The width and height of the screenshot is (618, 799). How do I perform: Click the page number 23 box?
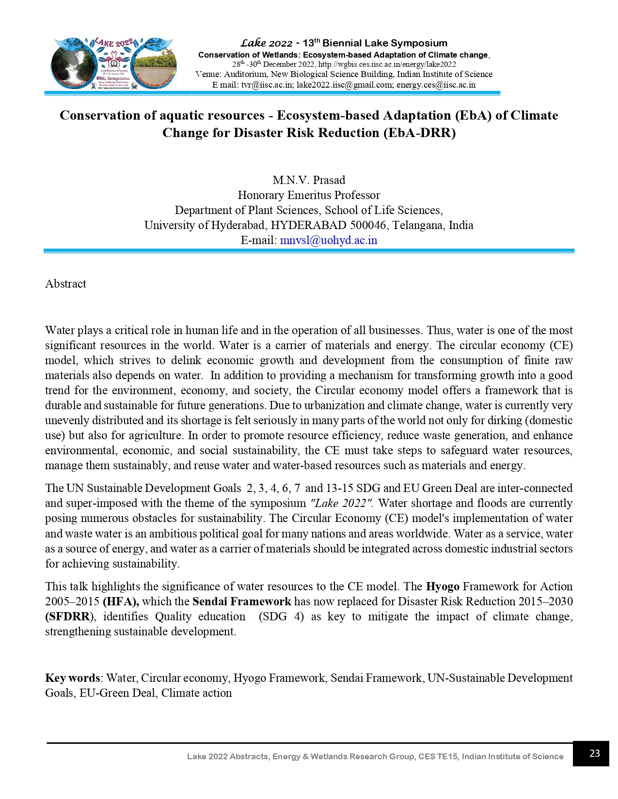pos(590,753)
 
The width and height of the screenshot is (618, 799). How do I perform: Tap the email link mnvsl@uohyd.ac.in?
pos(328,241)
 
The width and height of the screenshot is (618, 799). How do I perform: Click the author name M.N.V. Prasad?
pos(309,181)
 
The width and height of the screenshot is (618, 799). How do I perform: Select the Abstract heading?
pos(65,284)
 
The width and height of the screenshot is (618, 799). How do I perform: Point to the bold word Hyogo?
pos(442,586)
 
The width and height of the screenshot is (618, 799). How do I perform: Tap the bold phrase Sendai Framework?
pos(241,601)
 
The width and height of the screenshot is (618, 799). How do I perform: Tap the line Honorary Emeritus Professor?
pos(309,195)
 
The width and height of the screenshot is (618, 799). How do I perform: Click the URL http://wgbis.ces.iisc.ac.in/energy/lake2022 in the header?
pos(387,64)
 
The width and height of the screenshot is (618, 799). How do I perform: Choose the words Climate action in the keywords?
pos(196,693)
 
